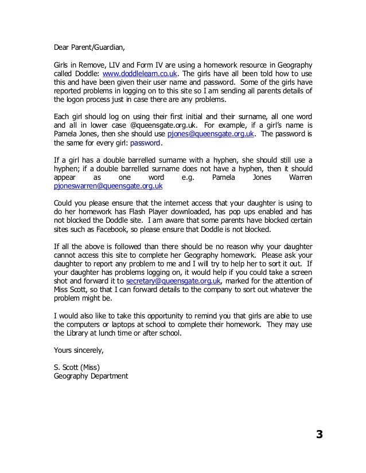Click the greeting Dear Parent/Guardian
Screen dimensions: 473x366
pyautogui.click(x=88, y=47)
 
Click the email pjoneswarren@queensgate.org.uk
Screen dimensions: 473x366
pyautogui.click(x=107, y=186)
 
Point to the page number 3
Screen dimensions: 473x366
pyautogui.click(x=319, y=435)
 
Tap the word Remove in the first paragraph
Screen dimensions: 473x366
pyautogui.click(x=95, y=65)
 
